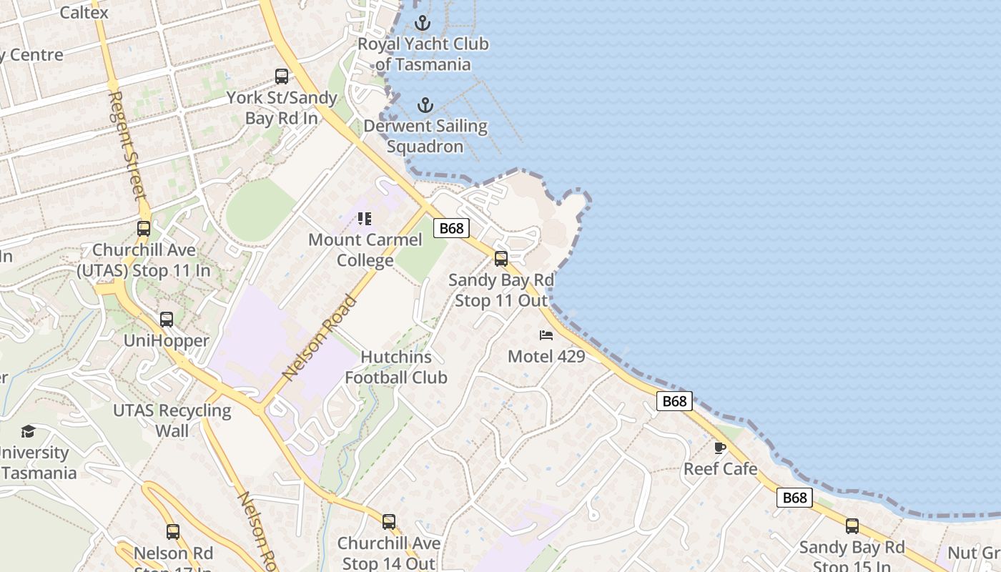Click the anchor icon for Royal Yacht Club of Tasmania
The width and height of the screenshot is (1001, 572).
tap(423, 24)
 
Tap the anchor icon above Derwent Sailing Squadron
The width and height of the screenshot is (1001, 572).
tap(425, 106)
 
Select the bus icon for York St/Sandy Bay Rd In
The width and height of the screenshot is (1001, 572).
tap(282, 77)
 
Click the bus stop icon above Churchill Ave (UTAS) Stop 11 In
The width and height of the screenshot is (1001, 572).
tap(144, 229)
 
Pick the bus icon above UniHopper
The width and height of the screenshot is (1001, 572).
tap(167, 320)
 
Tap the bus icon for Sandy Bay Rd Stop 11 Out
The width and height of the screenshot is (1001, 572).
tap(501, 259)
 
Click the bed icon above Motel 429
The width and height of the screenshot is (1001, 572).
tap(546, 335)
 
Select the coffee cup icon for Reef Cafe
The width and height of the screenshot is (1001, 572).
tap(720, 448)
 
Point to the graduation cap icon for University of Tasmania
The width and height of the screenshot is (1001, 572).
tap(28, 431)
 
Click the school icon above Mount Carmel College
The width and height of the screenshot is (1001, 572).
tap(365, 219)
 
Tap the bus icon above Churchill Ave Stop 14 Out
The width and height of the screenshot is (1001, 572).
tap(389, 522)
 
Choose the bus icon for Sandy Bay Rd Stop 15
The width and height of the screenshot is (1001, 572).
tap(852, 526)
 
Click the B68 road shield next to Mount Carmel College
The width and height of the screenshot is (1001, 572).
tap(452, 228)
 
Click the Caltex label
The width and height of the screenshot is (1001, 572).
tap(84, 12)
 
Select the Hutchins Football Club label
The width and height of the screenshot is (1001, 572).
tap(396, 367)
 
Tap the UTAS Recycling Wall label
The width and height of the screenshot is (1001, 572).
tap(172, 420)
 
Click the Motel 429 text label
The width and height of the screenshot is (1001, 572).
tap(546, 355)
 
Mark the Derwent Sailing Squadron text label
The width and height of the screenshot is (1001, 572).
tap(425, 136)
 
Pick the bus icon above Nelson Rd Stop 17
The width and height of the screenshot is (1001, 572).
tap(173, 532)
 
